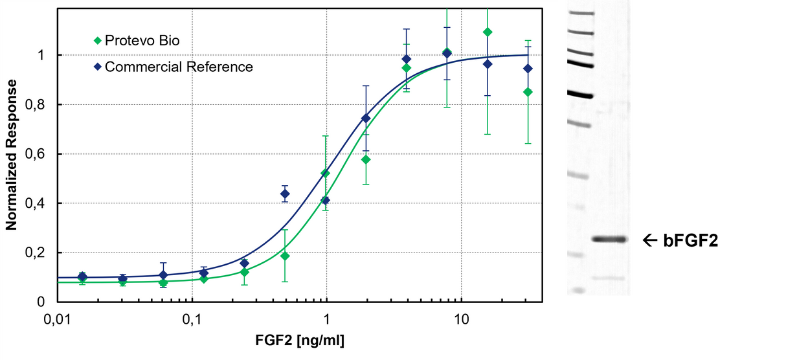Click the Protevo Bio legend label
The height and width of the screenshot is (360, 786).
click(x=142, y=41)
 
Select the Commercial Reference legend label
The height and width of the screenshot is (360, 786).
click(x=179, y=67)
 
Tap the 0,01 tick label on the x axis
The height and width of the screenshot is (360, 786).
click(x=58, y=321)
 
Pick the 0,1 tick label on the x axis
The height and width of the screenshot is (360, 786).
click(x=192, y=321)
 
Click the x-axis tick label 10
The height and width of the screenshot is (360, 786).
click(x=461, y=321)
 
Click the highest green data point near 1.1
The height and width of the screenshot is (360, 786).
click(x=488, y=32)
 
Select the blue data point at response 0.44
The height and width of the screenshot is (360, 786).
click(x=285, y=194)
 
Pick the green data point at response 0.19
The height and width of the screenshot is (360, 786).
click(x=285, y=256)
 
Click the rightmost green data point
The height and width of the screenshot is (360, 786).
click(x=528, y=92)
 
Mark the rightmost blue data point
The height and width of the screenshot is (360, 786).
click(x=528, y=68)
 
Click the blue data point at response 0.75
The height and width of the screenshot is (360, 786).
click(x=366, y=118)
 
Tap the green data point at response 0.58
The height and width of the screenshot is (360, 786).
click(x=366, y=159)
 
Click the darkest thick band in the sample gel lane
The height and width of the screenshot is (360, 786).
click(x=609, y=239)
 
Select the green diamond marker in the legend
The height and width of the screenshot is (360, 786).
click(x=97, y=41)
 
